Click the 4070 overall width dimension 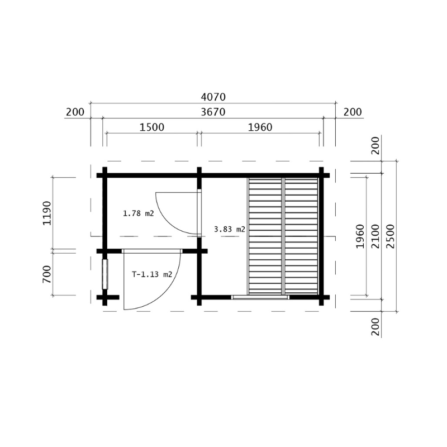[213, 97]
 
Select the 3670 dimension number [213, 112]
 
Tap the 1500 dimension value [152, 127]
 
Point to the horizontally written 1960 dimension [260, 127]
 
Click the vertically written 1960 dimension [360, 236]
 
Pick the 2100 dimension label [375, 236]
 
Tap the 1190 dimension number [47, 213]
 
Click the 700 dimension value [47, 274]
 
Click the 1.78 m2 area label [138, 213]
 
